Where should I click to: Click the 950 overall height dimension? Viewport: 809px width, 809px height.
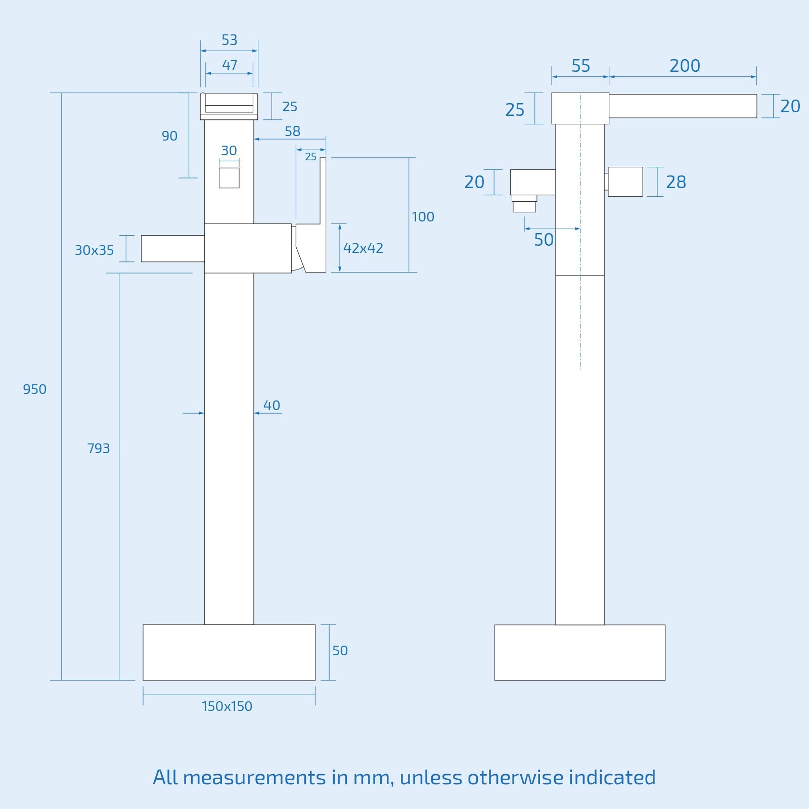(34, 389)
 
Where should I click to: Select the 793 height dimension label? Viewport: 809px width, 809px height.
(98, 448)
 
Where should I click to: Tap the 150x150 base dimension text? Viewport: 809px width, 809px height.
(227, 706)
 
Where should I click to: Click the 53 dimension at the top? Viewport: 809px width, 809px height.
(229, 40)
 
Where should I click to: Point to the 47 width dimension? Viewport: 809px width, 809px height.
(229, 65)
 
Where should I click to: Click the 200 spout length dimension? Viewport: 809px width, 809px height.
(685, 66)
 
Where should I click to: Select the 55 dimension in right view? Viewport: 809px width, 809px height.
(580, 66)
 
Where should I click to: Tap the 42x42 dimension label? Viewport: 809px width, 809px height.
(363, 248)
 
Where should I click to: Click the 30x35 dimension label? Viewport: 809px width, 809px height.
(94, 250)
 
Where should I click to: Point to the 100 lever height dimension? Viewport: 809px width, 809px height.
(423, 217)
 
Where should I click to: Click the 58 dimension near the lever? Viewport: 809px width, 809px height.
(292, 131)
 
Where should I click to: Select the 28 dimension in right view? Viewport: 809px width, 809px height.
(676, 182)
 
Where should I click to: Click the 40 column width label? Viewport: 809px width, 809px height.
(272, 406)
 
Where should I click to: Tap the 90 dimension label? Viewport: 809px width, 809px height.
(169, 136)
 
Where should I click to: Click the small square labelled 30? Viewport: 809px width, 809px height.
(229, 178)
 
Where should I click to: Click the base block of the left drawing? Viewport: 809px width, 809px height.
(229, 652)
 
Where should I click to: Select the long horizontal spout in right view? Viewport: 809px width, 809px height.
(683, 106)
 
